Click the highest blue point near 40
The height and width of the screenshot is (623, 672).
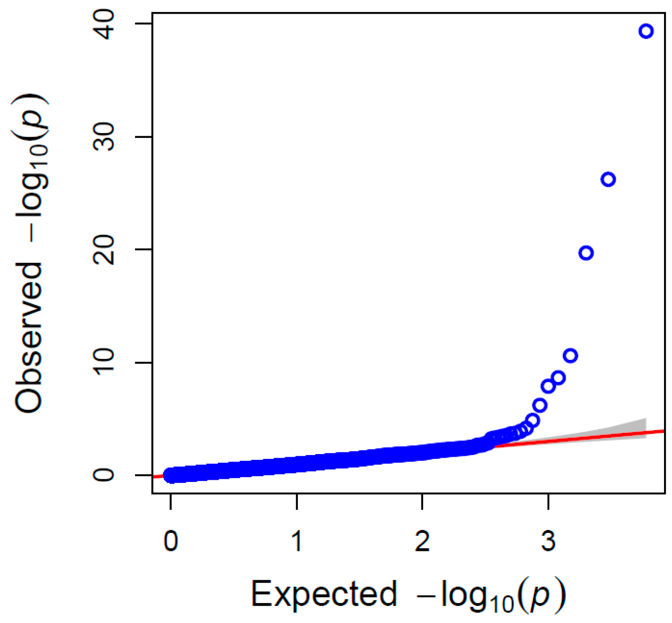point(646,31)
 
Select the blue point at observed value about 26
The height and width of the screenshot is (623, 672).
point(608,179)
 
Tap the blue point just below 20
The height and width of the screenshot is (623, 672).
point(586,253)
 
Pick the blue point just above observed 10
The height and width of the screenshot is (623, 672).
point(570,355)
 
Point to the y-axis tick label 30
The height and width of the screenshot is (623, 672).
point(104,137)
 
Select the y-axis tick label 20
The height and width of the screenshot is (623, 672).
point(104,250)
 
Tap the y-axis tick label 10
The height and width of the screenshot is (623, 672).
point(104,363)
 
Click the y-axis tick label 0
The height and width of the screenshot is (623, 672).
point(104,475)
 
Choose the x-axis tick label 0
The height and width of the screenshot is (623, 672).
point(171,540)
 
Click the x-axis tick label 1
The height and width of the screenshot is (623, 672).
point(297,540)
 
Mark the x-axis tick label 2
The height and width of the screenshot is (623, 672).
point(422,540)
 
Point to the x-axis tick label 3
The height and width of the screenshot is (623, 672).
point(548,540)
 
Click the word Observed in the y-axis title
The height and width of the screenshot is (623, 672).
point(29,338)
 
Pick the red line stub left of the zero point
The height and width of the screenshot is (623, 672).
point(158,476)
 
